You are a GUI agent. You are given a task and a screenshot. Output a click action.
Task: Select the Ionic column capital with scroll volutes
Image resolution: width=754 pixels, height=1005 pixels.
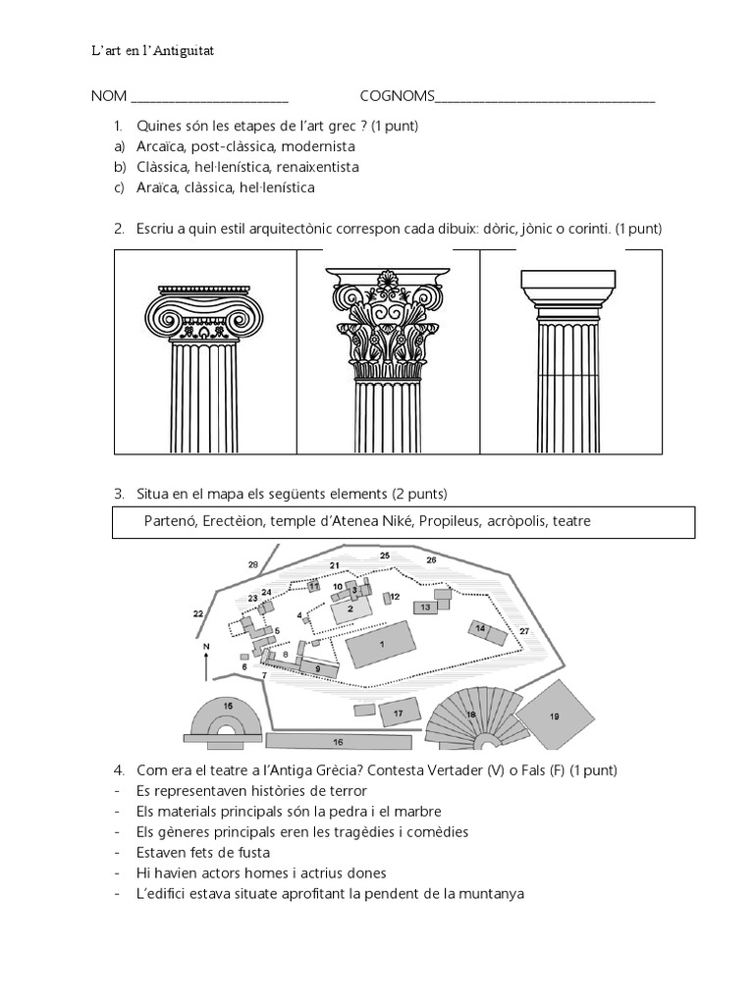[x=204, y=312]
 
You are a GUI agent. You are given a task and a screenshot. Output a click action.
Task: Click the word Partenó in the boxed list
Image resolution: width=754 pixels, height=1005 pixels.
[x=169, y=521]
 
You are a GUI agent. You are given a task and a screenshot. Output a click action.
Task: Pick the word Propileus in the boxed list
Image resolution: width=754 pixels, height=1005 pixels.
[x=447, y=521]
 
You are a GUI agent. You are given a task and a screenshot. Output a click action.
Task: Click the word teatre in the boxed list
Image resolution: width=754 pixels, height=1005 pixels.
[x=570, y=521]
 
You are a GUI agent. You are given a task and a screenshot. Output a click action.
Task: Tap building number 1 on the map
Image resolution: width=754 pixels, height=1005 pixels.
[x=381, y=648]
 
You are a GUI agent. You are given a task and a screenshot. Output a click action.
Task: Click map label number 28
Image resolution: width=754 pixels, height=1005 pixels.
[x=253, y=565]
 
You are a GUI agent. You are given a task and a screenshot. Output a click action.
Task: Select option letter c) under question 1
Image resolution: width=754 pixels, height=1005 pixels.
[x=119, y=186]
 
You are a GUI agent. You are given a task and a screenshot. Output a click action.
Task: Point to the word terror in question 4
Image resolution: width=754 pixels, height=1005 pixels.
[x=347, y=790]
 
